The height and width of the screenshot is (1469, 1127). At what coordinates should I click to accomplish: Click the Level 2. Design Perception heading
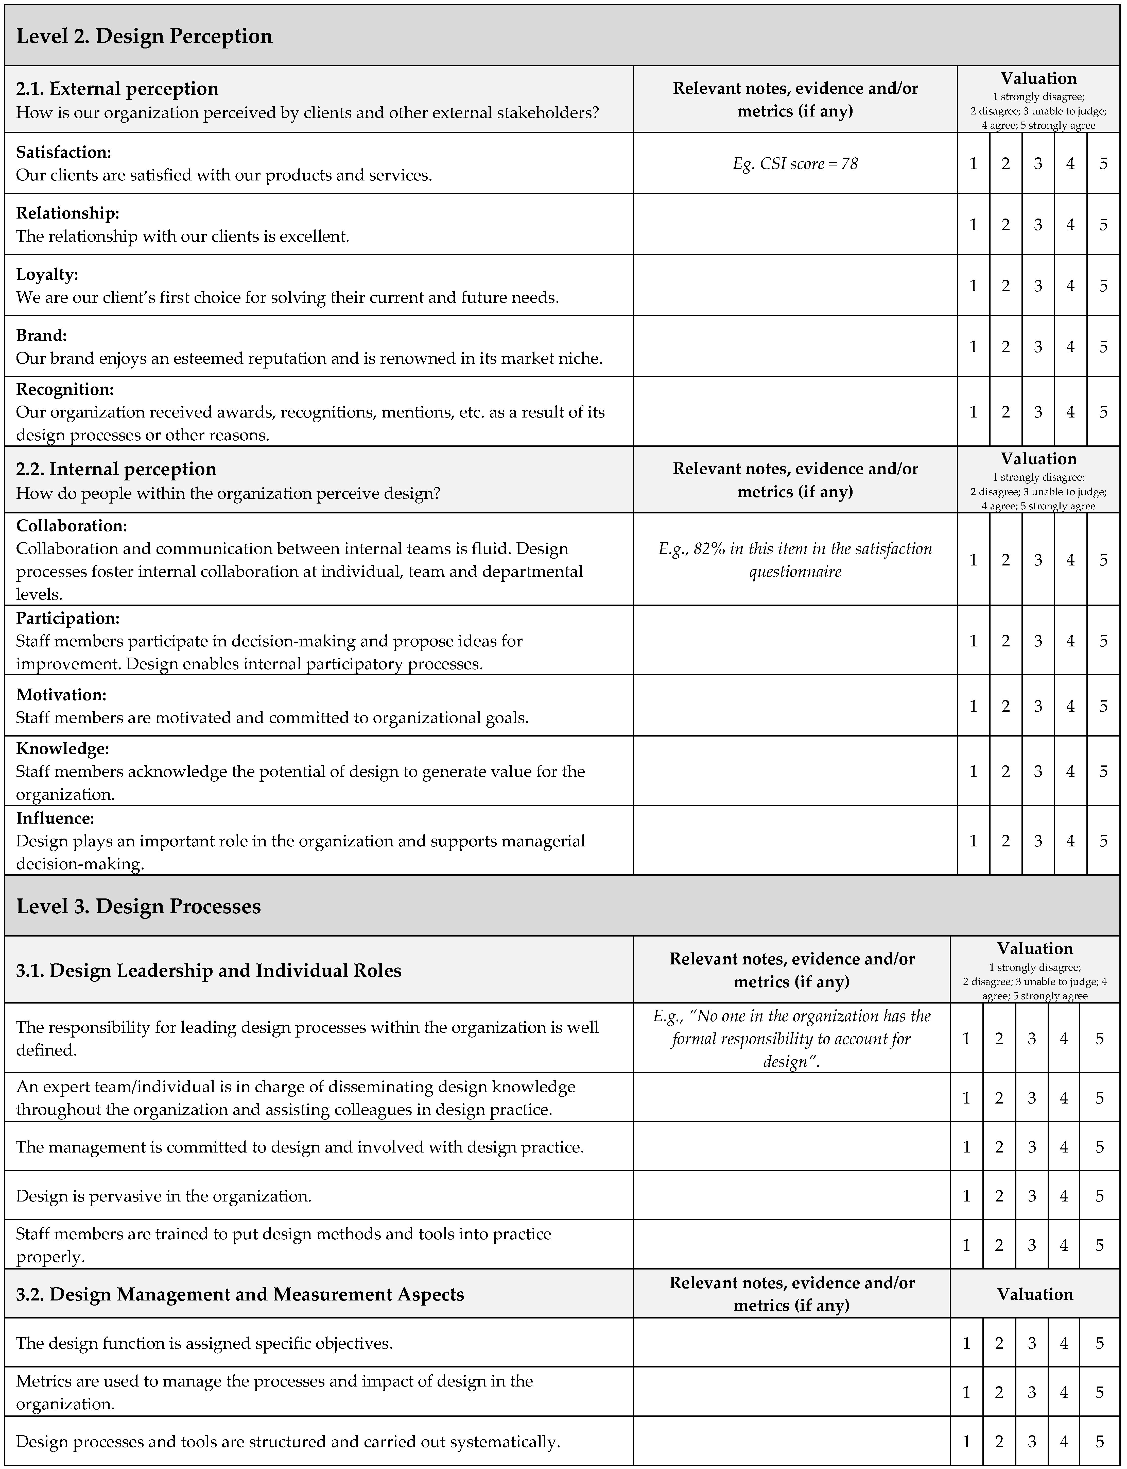click(144, 36)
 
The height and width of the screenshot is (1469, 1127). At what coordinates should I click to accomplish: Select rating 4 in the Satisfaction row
click(1070, 163)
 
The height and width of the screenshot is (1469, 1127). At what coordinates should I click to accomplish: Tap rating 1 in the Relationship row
click(973, 224)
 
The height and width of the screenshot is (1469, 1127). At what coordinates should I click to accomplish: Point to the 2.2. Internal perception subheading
click(116, 469)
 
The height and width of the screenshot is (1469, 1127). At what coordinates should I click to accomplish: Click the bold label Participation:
click(68, 618)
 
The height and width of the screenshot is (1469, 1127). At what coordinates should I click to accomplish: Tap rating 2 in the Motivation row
click(1005, 706)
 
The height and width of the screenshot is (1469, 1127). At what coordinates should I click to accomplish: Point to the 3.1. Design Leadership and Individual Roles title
click(209, 970)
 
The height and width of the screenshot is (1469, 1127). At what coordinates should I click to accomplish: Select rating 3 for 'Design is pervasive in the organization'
click(1032, 1196)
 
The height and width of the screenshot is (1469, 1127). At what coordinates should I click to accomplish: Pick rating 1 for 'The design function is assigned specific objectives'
click(966, 1343)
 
